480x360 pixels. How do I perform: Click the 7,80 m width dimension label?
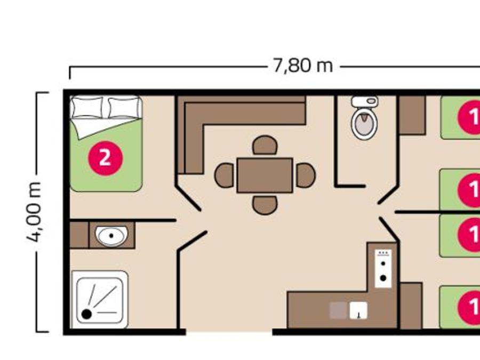(x=302, y=66)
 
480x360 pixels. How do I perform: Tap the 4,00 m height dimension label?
(x=34, y=212)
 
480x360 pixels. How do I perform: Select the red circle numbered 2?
(x=105, y=158)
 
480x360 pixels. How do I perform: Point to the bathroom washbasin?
(x=111, y=236)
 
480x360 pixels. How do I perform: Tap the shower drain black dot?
(x=86, y=314)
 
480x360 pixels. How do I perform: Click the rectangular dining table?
(x=265, y=175)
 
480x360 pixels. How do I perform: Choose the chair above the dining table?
(x=265, y=145)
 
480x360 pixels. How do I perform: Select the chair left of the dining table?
(x=225, y=175)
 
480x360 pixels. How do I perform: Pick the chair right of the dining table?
(x=306, y=175)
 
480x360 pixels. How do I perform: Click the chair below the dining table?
(x=265, y=205)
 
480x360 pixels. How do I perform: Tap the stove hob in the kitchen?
(x=383, y=268)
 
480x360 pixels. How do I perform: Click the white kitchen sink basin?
(x=358, y=310)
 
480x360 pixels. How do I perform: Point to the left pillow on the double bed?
(x=86, y=107)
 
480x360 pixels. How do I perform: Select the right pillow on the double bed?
(x=124, y=107)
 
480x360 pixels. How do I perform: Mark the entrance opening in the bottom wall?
(x=229, y=332)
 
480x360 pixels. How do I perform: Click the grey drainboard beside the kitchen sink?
(x=338, y=310)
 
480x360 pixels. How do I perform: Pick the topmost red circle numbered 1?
(x=469, y=117)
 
